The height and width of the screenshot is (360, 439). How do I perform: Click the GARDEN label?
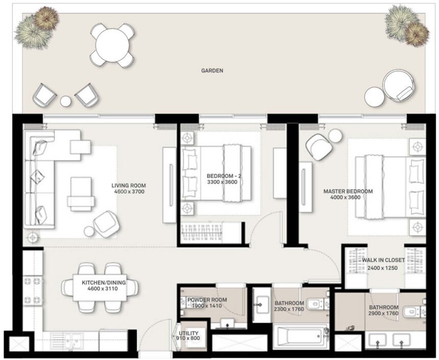click(212, 71)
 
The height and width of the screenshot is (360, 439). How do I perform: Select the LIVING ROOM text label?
click(129, 185)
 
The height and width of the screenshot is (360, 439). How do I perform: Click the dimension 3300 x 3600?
click(222, 182)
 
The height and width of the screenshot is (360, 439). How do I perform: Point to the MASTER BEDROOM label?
click(348, 191)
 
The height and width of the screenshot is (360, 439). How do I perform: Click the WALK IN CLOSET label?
click(383, 260)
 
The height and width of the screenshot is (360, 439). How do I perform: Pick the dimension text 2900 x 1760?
click(383, 314)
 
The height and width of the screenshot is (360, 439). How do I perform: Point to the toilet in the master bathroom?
click(413, 311)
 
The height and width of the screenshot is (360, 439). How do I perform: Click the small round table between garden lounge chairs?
click(65, 101)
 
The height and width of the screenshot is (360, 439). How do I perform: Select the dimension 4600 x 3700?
click(129, 192)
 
